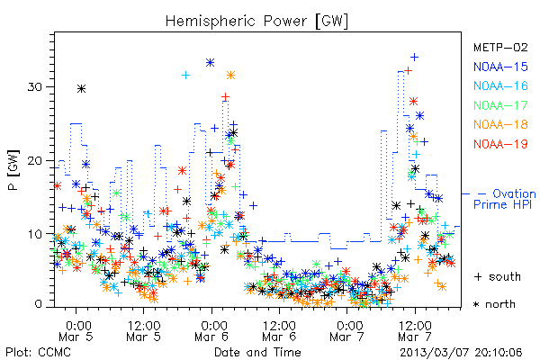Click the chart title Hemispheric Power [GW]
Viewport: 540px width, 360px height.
(x=256, y=22)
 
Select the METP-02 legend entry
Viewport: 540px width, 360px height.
(x=500, y=47)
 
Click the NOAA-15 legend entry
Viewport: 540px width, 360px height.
(x=500, y=67)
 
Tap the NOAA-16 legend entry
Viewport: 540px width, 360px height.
(x=500, y=85)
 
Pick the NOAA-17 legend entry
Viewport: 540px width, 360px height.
(x=500, y=105)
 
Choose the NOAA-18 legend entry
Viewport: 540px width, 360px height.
(x=500, y=124)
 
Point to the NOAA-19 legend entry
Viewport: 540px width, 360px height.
(x=500, y=144)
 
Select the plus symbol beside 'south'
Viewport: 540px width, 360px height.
(x=478, y=277)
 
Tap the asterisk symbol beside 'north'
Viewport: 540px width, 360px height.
(x=477, y=304)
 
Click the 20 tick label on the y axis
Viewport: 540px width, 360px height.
(x=34, y=160)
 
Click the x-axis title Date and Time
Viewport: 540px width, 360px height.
(x=257, y=352)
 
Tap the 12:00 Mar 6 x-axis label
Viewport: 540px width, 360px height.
(x=279, y=331)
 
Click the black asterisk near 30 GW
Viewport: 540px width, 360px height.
(x=81, y=89)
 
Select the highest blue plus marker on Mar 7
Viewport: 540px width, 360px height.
(x=415, y=57)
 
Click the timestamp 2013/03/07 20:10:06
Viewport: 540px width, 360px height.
(x=461, y=353)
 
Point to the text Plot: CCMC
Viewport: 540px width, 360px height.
(x=38, y=353)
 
